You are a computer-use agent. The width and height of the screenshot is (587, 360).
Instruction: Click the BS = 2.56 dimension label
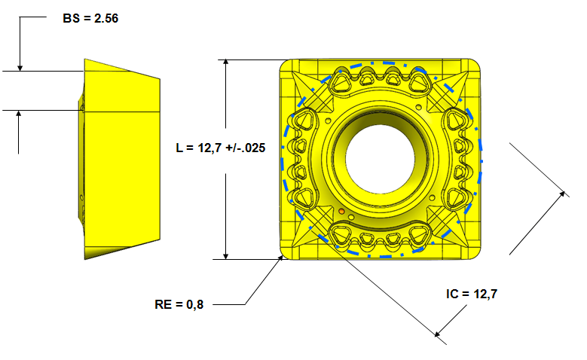90,16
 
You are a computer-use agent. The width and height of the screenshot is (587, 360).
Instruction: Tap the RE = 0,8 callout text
179,304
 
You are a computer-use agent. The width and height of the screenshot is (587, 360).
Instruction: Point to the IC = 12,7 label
472,294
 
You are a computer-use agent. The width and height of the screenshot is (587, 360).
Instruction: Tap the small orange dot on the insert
341,212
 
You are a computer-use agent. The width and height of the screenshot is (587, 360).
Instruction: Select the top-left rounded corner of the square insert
286,66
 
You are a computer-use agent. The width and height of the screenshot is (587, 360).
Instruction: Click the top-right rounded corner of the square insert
476,66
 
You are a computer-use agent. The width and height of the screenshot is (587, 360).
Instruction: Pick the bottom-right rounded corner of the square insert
476,253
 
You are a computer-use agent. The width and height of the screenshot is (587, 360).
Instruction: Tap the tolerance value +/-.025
243,148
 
